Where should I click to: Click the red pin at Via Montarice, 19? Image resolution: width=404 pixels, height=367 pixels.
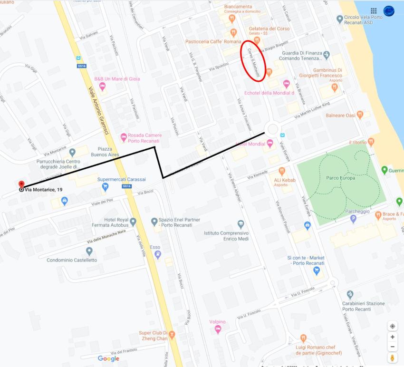[21, 184]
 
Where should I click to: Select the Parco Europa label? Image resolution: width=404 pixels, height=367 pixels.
[341, 178]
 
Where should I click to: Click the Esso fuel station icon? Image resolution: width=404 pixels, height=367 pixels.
[158, 254]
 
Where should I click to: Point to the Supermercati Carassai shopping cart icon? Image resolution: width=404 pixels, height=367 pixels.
[105, 187]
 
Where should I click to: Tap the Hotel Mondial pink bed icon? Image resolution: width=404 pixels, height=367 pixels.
[270, 143]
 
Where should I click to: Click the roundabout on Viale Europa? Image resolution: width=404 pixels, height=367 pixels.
[272, 129]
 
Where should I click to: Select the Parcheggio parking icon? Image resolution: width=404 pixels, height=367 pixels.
[353, 219]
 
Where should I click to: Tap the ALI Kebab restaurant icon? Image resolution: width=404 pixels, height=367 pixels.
[282, 171]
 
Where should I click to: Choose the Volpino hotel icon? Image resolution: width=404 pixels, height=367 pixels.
[218, 329]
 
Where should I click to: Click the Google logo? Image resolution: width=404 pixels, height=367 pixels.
[108, 358]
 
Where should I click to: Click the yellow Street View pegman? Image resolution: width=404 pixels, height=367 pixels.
[393, 357]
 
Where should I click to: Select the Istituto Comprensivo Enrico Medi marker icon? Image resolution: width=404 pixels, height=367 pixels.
[240, 224]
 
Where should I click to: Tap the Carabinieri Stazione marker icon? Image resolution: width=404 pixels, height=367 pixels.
[350, 295]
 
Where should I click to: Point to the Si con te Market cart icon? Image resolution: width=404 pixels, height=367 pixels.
[316, 271]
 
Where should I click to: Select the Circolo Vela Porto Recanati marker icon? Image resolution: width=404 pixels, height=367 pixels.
[339, 19]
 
